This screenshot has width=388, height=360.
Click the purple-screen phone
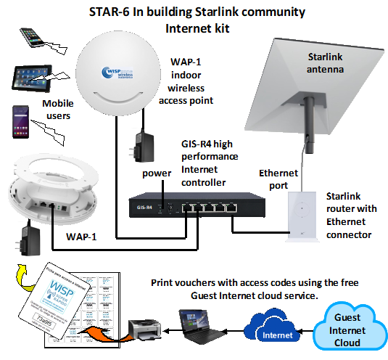[22, 120]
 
